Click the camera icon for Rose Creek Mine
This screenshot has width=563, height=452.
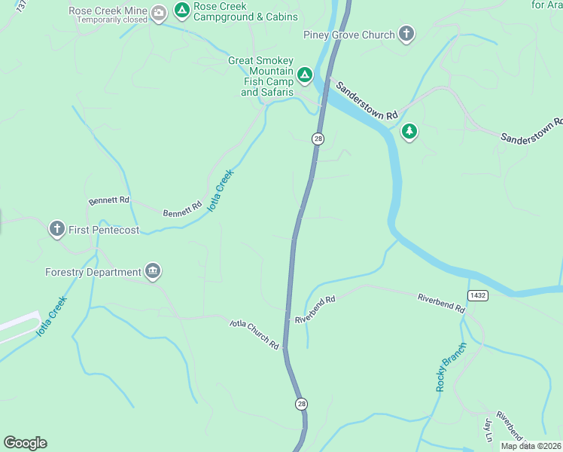point(159,13)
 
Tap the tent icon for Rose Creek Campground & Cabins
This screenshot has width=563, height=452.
point(181,11)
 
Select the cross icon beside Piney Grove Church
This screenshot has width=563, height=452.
point(406,34)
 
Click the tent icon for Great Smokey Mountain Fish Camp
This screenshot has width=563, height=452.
point(304,75)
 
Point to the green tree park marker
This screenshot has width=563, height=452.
point(409,132)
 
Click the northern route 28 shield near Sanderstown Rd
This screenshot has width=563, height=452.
point(318,139)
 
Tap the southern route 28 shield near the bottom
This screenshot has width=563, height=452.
point(302,404)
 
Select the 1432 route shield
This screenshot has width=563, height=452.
point(476,295)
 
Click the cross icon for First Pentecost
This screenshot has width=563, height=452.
point(56,229)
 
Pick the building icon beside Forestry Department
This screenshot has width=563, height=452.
point(153,271)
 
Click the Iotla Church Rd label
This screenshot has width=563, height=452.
point(254,334)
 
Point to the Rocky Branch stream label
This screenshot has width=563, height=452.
point(451,367)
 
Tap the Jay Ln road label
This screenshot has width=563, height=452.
point(488,429)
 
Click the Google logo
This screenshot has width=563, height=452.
point(25,443)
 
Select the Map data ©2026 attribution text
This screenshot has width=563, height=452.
point(531,446)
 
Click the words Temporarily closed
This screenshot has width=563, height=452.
point(111,20)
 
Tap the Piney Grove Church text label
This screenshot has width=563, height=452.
point(348,35)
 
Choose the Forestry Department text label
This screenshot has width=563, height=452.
point(93,272)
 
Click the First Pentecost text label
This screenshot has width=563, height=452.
point(104,230)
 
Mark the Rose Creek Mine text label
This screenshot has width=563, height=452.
point(107,11)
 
